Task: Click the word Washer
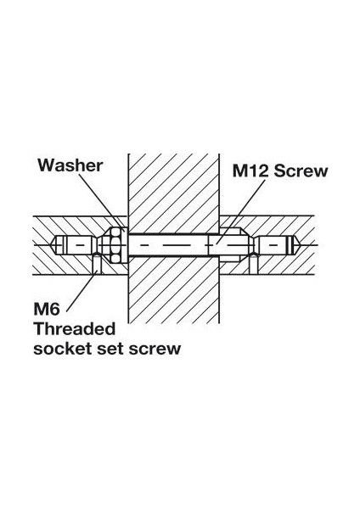(x=70, y=165)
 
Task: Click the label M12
(x=250, y=171)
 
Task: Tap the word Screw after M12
(x=301, y=171)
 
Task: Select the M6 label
(x=47, y=309)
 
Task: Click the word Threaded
(x=75, y=328)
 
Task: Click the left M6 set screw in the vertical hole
(x=97, y=264)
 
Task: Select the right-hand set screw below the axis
(x=254, y=264)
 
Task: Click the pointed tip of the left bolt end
(x=53, y=244)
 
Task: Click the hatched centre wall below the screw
(x=173, y=289)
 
